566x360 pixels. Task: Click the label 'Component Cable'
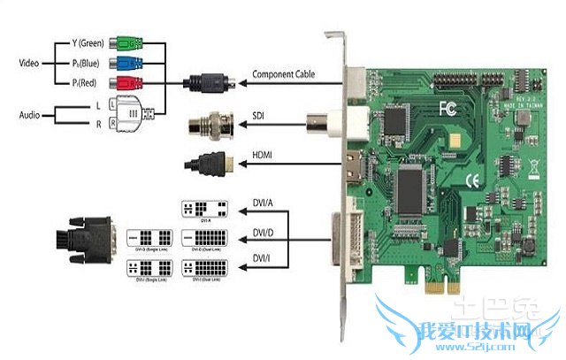[284, 74]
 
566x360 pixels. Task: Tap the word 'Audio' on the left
[31, 114]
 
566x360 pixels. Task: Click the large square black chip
[412, 184]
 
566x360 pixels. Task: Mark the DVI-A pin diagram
[204, 210]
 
